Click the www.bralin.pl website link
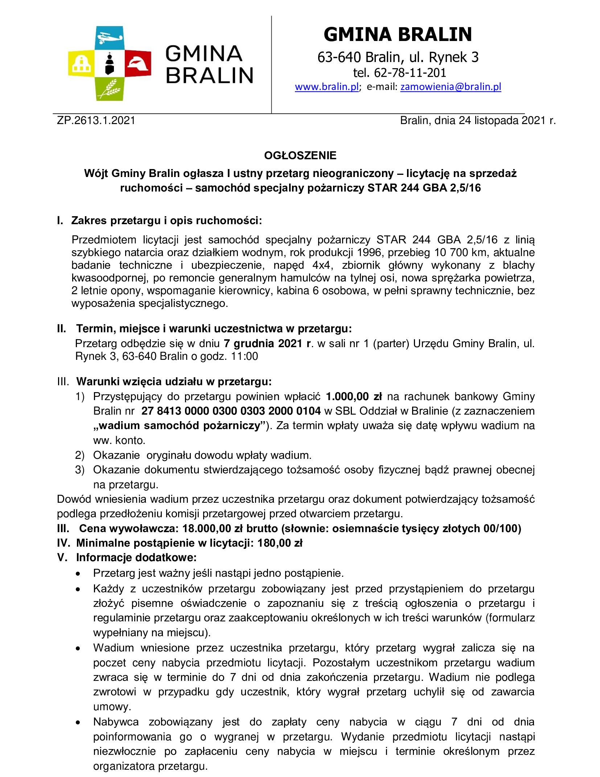(x=326, y=87)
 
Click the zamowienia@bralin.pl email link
(x=451, y=87)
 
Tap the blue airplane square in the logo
(x=109, y=37)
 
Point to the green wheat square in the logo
(x=109, y=89)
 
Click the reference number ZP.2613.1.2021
(x=96, y=121)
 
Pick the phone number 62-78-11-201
(x=410, y=73)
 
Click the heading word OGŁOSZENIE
(x=300, y=156)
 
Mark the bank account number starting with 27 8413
(x=231, y=411)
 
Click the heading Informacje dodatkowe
(x=136, y=558)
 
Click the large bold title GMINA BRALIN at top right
(x=398, y=34)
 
